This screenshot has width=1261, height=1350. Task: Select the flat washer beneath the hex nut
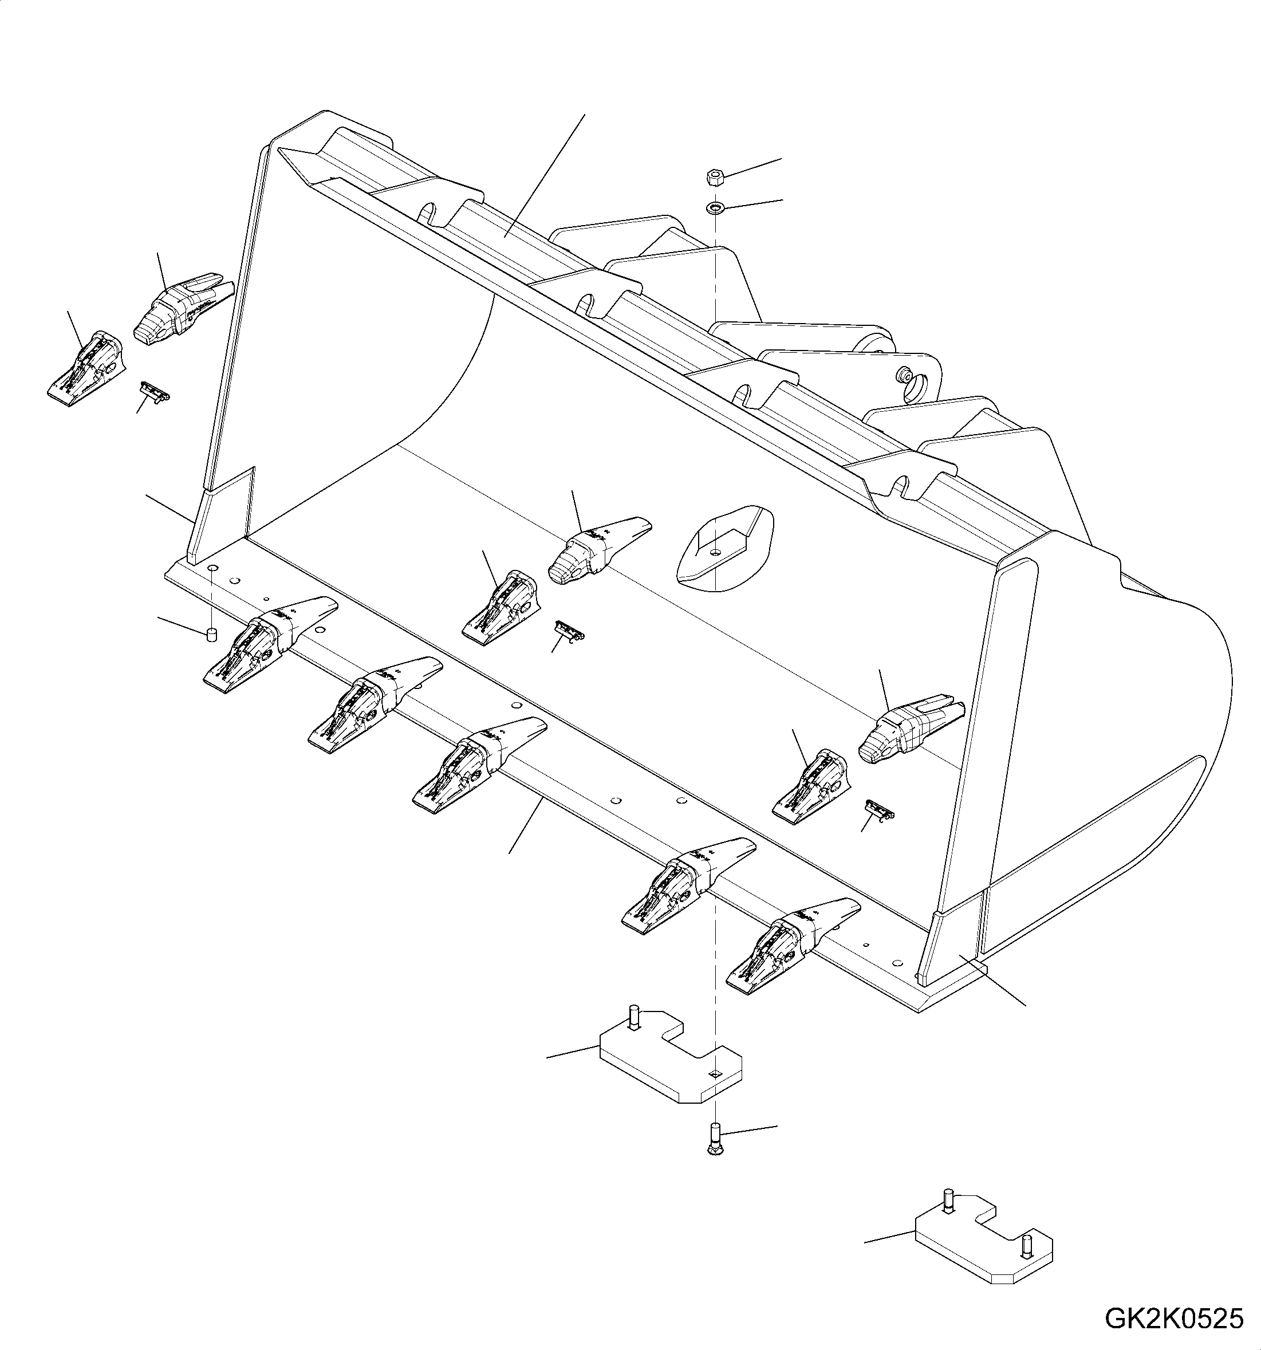click(714, 206)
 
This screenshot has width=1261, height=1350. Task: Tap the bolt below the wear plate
click(712, 1149)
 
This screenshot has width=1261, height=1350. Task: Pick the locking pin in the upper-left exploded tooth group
click(153, 391)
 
